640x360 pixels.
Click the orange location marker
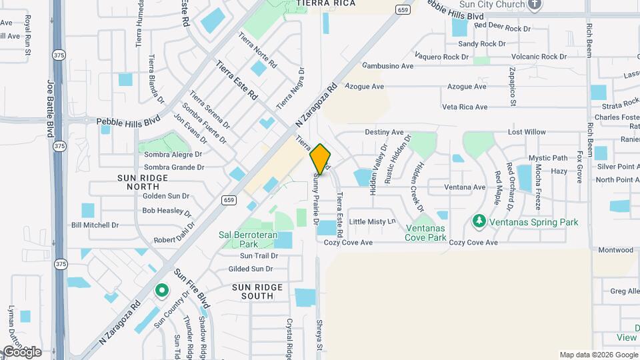pos(321,159)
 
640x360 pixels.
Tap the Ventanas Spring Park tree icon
pos(478,221)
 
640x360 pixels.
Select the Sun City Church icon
pos(535,5)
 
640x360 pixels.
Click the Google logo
pos(21,352)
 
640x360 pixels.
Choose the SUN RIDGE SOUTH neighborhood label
pos(257,291)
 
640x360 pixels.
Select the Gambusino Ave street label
pos(387,66)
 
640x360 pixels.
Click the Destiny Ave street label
pos(384,133)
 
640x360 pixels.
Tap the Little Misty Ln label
pos(372,221)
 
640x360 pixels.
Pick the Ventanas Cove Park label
pos(426,233)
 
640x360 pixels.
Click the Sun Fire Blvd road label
pos(192,287)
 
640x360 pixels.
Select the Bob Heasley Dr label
pos(167,211)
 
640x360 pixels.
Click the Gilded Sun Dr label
pos(251,269)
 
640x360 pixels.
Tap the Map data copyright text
pos(597,355)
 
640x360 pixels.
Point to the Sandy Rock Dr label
pos(482,44)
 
